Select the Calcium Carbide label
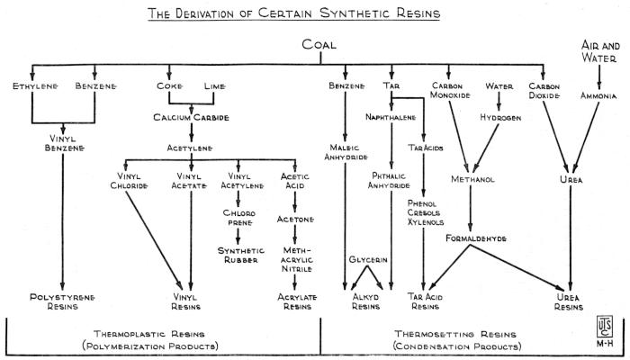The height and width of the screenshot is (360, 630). [190, 117]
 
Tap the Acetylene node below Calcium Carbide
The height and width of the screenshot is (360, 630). [190, 147]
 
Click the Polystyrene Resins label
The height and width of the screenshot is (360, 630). [62, 301]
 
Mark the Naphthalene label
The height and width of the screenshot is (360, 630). [391, 117]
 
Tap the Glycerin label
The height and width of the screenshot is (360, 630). [368, 259]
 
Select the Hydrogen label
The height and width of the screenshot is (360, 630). [500, 117]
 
